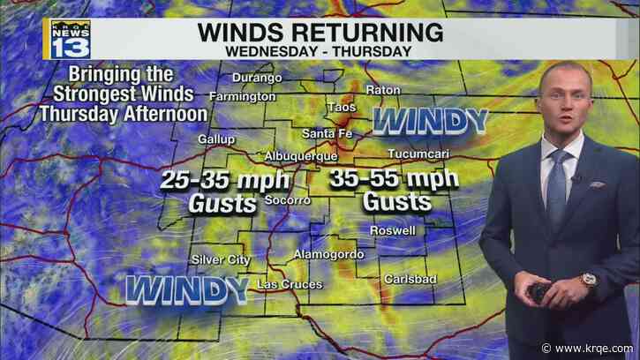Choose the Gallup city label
[217, 139]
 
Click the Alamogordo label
[323, 254]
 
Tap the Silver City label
[221, 259]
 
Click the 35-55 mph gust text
[394, 190]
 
